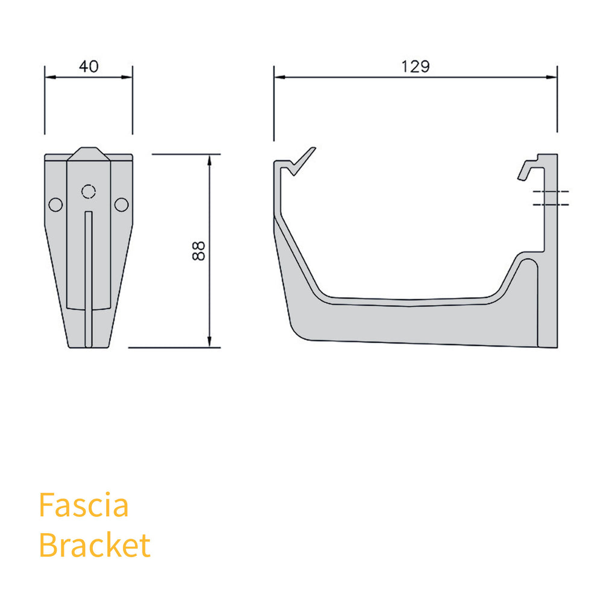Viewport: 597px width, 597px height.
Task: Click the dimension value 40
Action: pos(89,67)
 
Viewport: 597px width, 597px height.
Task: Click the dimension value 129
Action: pos(415,67)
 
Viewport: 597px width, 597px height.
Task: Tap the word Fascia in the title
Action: pos(83,505)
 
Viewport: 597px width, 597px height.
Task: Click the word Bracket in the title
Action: pos(94,545)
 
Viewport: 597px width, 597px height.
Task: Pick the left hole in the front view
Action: pos(55,205)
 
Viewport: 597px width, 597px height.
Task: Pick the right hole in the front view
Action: pos(121,205)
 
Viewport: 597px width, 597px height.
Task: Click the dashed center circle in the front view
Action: pos(89,192)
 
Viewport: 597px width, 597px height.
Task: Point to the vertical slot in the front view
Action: pos(89,277)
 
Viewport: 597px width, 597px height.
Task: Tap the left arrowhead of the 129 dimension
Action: pos(279,77)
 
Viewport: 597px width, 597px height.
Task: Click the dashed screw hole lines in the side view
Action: pos(551,198)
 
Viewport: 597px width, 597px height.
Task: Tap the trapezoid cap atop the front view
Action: pos(89,153)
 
